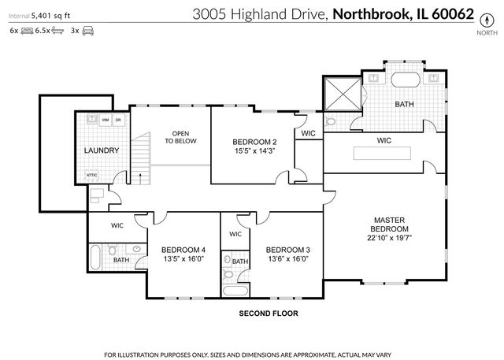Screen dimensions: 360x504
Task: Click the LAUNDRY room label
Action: click(x=102, y=150)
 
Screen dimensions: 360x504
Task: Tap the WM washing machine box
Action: click(x=104, y=121)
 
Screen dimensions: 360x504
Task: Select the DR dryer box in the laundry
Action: click(x=117, y=121)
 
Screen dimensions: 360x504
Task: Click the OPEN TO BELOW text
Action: click(x=180, y=137)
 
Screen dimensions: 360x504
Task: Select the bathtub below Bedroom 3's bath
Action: click(x=237, y=291)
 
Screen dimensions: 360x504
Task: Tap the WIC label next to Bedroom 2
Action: click(x=308, y=133)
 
